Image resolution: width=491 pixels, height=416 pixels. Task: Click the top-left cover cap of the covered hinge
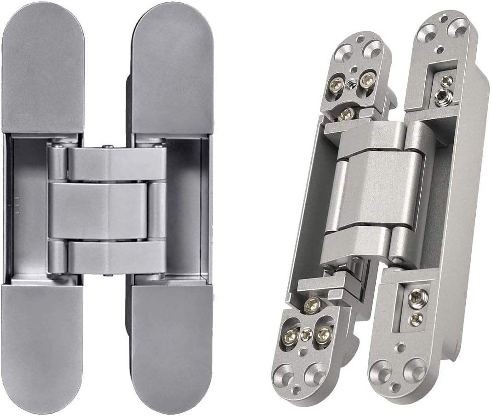pos(42,69)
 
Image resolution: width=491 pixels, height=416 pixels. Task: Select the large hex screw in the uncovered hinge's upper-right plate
pos(444,97)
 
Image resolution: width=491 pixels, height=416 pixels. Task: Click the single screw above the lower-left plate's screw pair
pos(313,305)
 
